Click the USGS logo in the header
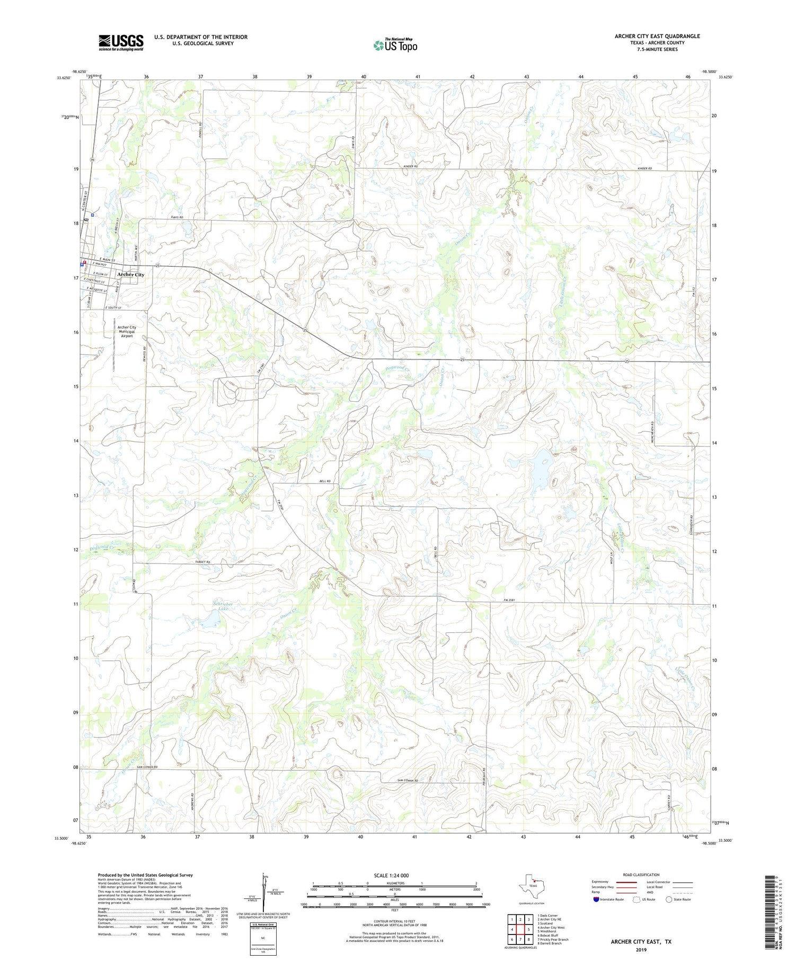pos(121,42)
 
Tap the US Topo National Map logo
pos(395,46)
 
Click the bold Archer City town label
pos(130,275)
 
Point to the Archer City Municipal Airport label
pos(127,331)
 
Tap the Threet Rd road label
pos(203,561)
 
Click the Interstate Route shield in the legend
pos(597,900)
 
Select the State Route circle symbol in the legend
pos(669,900)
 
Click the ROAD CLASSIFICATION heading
pos(641,875)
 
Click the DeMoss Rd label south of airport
pos(144,354)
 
